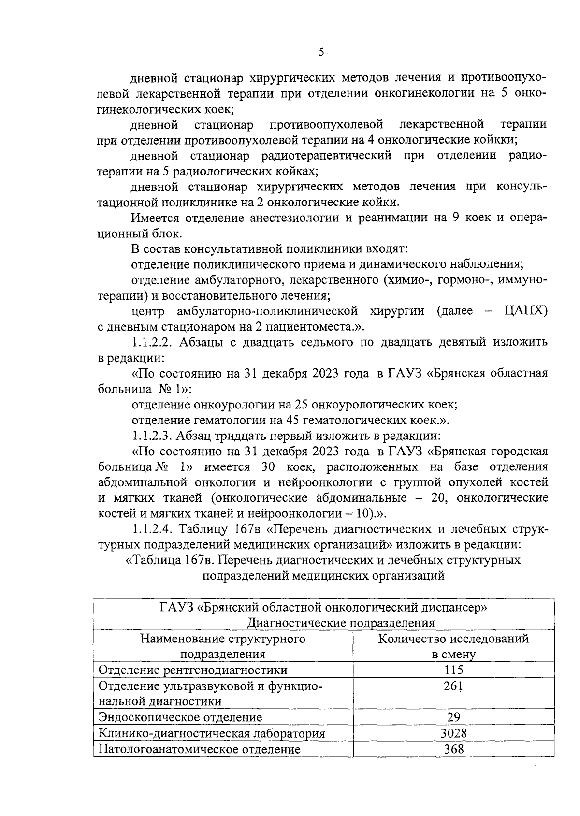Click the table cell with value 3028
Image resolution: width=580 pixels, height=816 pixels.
click(x=453, y=733)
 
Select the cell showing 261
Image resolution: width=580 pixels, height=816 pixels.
click(x=453, y=686)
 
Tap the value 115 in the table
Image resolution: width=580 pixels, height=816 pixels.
click(x=453, y=670)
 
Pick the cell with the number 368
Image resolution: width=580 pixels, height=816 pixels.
click(x=453, y=749)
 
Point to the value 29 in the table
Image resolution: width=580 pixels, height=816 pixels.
click(x=453, y=717)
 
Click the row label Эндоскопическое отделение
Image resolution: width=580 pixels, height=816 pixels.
click(x=180, y=717)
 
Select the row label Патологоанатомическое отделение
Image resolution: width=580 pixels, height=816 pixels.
click(x=200, y=749)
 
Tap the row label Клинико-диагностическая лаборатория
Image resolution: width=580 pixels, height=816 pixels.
click(x=212, y=733)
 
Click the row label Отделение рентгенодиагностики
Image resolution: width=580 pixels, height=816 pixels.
click(x=193, y=670)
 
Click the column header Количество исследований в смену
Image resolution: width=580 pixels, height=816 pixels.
click(x=453, y=646)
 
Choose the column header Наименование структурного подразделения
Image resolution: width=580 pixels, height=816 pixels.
click(x=223, y=646)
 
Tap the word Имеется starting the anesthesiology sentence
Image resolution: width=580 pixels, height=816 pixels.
click(x=156, y=218)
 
